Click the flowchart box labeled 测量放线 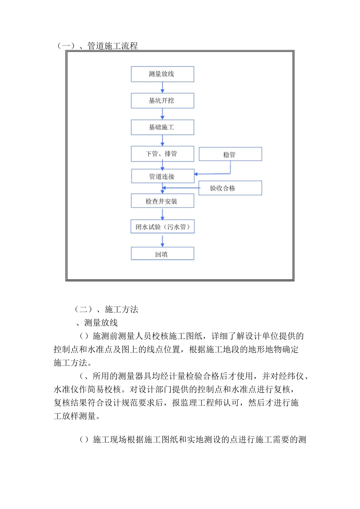(x=162, y=74)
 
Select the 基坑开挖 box (x=162, y=100)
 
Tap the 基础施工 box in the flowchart (x=162, y=127)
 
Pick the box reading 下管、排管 (x=162, y=154)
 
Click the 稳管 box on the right (x=230, y=154)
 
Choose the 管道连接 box (x=163, y=176)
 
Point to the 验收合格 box (x=230, y=188)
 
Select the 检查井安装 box (x=162, y=201)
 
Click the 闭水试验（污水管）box (x=162, y=226)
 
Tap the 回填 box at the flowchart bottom (x=162, y=254)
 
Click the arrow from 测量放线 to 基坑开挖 (x=163, y=87)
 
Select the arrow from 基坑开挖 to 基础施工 (x=163, y=114)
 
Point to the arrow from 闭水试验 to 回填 (x=163, y=241)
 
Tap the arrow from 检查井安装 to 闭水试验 (x=163, y=214)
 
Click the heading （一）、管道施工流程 (x=97, y=46)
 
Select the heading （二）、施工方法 (x=106, y=309)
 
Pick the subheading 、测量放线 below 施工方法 (x=97, y=323)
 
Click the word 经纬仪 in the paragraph (x=291, y=376)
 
